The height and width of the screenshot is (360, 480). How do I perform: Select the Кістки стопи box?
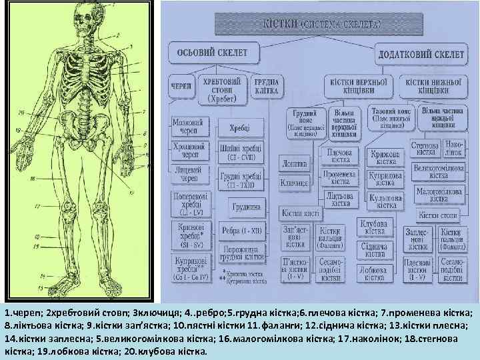pyautogui.click(x=439, y=215)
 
